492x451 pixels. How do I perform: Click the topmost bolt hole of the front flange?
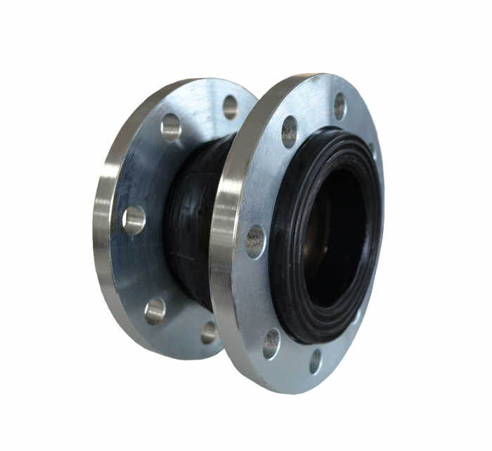click(x=339, y=106)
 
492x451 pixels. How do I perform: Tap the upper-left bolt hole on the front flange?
click(x=290, y=132)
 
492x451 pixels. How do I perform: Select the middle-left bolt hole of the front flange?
click(x=256, y=241)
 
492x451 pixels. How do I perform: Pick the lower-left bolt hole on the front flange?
click(x=271, y=343)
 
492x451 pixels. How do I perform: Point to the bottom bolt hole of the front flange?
click(x=316, y=361)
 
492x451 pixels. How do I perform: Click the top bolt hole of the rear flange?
click(x=231, y=106)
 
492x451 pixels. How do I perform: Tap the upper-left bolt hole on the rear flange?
click(x=171, y=128)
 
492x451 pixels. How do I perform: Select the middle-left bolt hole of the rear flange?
click(x=134, y=220)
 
